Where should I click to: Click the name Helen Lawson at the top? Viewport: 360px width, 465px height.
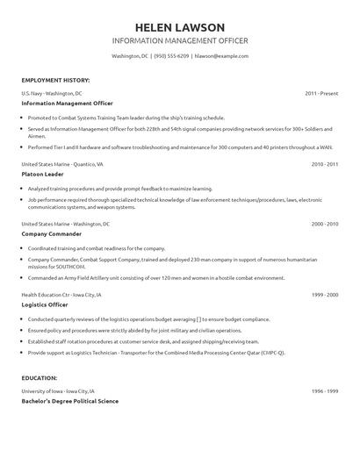coord(180,26)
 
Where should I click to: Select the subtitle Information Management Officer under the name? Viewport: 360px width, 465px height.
coord(180,41)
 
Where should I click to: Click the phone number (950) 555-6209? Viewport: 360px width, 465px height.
coord(171,56)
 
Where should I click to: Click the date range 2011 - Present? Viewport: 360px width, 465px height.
coord(322,92)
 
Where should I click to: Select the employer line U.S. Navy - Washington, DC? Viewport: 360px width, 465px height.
coord(52,92)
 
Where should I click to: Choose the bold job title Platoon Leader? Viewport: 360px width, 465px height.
coord(41,174)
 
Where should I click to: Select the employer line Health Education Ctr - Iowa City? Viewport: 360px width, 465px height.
coord(61,295)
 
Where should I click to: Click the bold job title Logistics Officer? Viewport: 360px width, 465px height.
coord(45,305)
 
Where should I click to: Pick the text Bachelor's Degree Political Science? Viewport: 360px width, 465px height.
coord(69,400)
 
